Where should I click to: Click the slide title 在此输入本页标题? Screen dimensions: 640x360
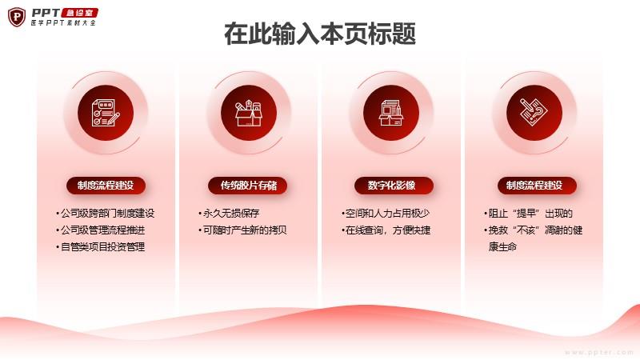(320, 34)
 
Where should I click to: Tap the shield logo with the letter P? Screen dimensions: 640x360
(17, 17)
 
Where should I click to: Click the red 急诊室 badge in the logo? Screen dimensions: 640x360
(79, 13)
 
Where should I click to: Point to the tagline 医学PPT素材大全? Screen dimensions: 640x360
(63, 23)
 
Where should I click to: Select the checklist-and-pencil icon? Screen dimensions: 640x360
(106, 113)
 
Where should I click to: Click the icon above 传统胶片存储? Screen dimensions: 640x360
(249, 113)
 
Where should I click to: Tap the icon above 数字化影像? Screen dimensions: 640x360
(391, 113)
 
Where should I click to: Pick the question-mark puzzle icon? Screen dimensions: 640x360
(534, 112)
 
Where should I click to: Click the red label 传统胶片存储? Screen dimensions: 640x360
(249, 186)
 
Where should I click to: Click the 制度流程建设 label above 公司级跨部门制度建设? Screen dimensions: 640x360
(106, 186)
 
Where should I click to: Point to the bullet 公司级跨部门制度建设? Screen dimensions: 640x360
(106, 214)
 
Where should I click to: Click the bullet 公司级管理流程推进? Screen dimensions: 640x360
(101, 230)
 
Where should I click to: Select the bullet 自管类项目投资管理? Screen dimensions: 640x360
(101, 247)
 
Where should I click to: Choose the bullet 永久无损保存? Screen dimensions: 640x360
(229, 214)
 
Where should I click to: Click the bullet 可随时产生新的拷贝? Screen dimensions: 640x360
(243, 230)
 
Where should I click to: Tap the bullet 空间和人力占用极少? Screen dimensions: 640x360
(386, 214)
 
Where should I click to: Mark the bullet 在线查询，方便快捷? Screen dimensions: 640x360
(386, 230)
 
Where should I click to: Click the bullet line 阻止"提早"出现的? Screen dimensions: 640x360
(529, 214)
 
